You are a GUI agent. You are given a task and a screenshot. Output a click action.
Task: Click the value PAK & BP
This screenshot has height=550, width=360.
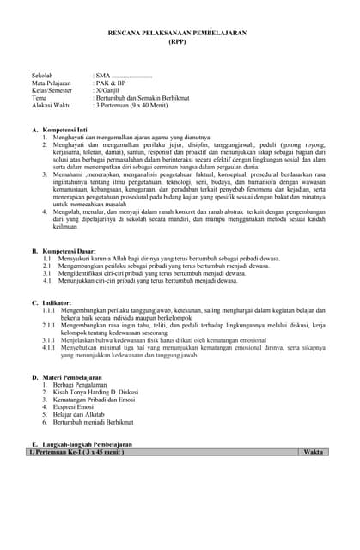click(110, 83)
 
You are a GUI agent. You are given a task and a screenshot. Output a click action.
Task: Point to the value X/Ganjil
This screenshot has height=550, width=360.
click(110, 90)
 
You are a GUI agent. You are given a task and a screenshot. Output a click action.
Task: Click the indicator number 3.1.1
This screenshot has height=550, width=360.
click(50, 340)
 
